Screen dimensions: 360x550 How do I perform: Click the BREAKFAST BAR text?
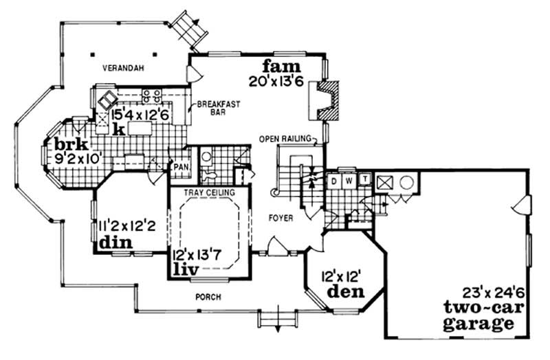[214, 109]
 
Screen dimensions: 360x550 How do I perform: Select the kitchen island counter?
[142, 129]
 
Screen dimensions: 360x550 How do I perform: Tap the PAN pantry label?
[181, 167]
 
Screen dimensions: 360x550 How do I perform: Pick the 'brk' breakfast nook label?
[58, 146]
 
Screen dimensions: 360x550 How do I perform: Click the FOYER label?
[282, 218]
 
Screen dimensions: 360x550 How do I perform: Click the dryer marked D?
[336, 181]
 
